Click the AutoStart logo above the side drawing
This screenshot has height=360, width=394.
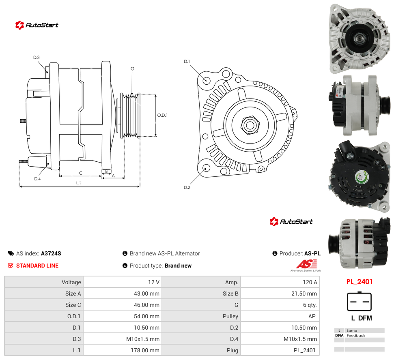tap(37, 25)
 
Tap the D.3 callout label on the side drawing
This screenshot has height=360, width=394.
tap(37, 58)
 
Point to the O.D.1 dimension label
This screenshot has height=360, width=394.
tap(162, 115)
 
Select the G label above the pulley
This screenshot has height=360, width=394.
tap(132, 69)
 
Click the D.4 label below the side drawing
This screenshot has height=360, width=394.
tap(37, 179)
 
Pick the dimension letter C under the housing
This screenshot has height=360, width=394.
tap(81, 173)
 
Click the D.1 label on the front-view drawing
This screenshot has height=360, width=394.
tap(187, 62)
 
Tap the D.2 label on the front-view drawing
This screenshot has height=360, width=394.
tap(187, 188)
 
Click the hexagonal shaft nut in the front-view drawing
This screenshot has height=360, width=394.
tap(250, 125)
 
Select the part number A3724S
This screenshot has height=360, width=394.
tap(51, 253)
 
